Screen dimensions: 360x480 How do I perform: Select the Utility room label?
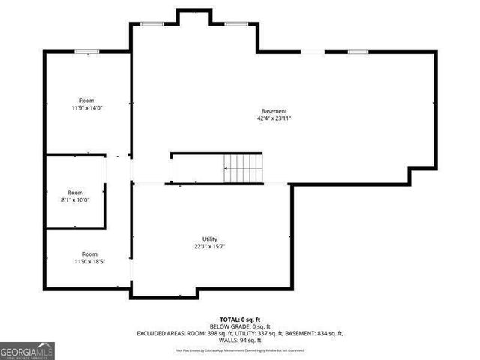tap(209, 238)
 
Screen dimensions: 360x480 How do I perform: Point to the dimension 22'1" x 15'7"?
tap(209, 246)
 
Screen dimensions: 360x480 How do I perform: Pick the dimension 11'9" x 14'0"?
tap(87, 107)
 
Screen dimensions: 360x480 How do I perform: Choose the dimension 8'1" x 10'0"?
tap(76, 199)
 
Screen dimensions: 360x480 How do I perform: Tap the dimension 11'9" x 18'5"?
tap(90, 261)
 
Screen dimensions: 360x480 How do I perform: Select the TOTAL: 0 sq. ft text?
tap(240, 319)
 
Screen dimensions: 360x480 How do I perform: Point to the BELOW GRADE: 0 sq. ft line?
tap(240, 326)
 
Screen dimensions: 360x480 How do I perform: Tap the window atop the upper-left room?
tap(86, 52)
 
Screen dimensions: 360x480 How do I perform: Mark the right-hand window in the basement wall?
tap(358, 52)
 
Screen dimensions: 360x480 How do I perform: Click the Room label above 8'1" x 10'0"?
tap(76, 193)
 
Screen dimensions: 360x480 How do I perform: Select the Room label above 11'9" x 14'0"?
tap(87, 100)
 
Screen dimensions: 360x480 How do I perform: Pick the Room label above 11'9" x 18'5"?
tap(90, 254)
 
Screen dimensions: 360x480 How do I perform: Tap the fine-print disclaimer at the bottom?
tap(240, 349)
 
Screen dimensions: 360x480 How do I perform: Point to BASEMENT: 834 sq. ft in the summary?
tap(315, 333)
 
